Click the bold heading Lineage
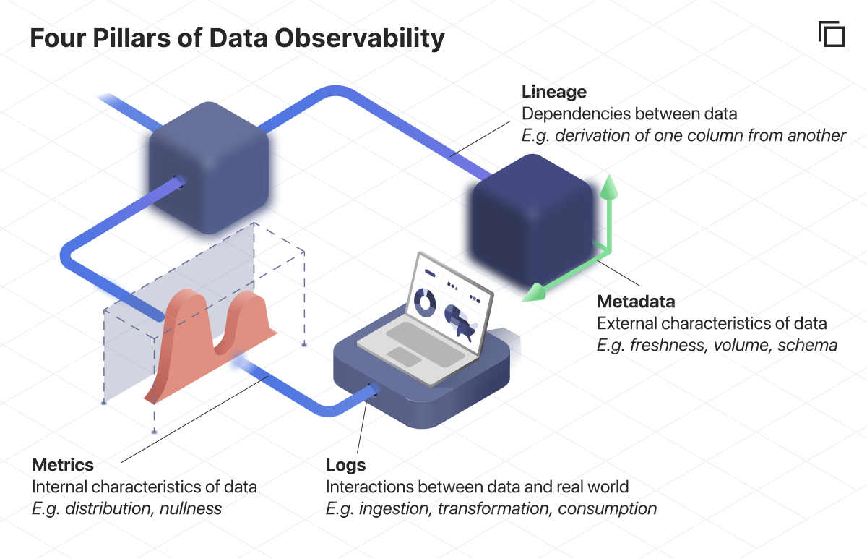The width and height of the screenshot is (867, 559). (x=554, y=92)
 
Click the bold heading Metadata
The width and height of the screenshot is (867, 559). (x=636, y=302)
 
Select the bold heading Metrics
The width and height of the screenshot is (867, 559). (x=63, y=465)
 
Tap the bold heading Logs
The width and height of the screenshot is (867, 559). (x=345, y=465)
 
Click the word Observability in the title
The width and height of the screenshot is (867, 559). (x=360, y=38)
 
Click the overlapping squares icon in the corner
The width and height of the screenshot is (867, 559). (x=832, y=34)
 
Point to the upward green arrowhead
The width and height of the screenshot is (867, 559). (x=609, y=187)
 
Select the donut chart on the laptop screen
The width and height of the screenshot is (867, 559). (x=425, y=302)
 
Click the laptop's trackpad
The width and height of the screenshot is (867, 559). (x=404, y=357)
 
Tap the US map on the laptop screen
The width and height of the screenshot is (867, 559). (x=461, y=323)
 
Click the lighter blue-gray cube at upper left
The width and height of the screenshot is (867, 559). (x=209, y=168)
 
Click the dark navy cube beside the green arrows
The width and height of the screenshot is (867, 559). (x=532, y=220)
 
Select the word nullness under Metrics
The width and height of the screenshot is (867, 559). (x=191, y=508)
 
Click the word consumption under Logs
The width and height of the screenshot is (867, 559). (x=608, y=509)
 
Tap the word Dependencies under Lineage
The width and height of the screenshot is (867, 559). (x=576, y=114)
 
